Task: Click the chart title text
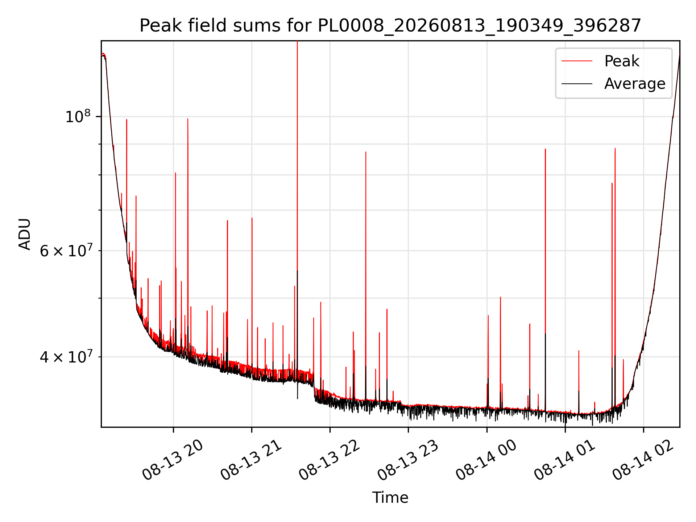pyautogui.click(x=390, y=26)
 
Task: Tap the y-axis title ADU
pyautogui.click(x=25, y=234)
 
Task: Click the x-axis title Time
pyautogui.click(x=390, y=498)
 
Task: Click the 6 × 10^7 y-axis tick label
pyautogui.click(x=66, y=250)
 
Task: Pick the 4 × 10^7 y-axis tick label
pyautogui.click(x=66, y=357)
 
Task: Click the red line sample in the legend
pyautogui.click(x=577, y=61)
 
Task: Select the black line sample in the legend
pyautogui.click(x=577, y=84)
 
